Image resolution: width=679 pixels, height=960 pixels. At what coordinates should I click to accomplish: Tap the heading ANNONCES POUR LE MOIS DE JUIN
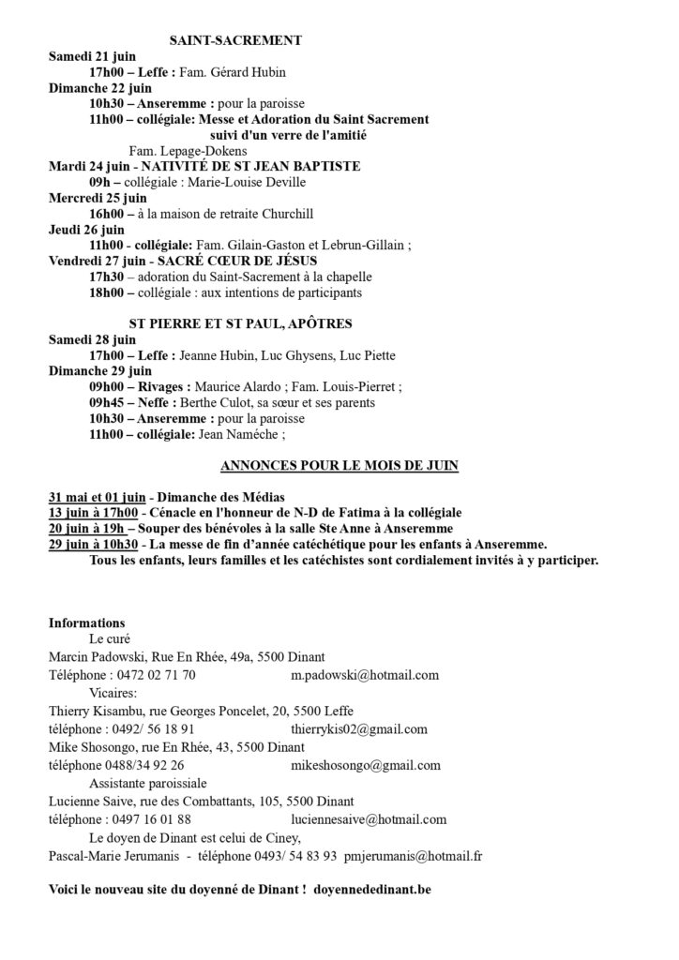[339, 465]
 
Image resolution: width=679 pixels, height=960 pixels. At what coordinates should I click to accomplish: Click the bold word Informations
[86, 622]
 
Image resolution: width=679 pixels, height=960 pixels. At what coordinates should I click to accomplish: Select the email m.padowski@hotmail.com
[365, 675]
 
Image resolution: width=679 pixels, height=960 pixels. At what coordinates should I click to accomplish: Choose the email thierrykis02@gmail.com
[359, 728]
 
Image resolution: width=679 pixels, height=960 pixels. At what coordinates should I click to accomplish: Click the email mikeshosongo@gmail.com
[365, 765]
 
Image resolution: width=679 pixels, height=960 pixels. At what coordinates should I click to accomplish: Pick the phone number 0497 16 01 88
[152, 818]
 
